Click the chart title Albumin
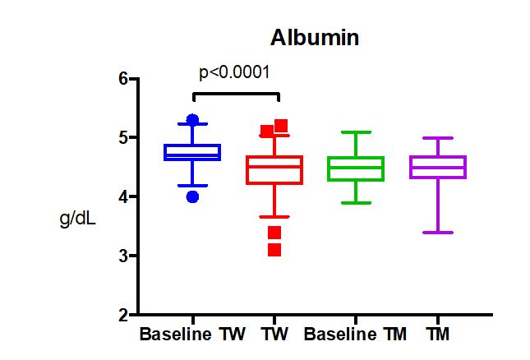(x=315, y=38)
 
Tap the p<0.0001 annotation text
(x=235, y=72)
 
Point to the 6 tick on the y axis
(x=123, y=79)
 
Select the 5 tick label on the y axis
(x=123, y=138)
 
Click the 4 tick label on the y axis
(x=123, y=197)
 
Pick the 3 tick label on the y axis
(x=123, y=256)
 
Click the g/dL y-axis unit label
(x=79, y=220)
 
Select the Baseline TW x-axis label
(x=187, y=335)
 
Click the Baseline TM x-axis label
(x=355, y=335)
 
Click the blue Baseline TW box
(x=192, y=152)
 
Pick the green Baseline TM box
(x=356, y=168)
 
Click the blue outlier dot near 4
(x=192, y=196)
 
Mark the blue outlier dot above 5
(x=192, y=120)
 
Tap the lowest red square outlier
(x=274, y=250)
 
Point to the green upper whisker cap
(x=356, y=132)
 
